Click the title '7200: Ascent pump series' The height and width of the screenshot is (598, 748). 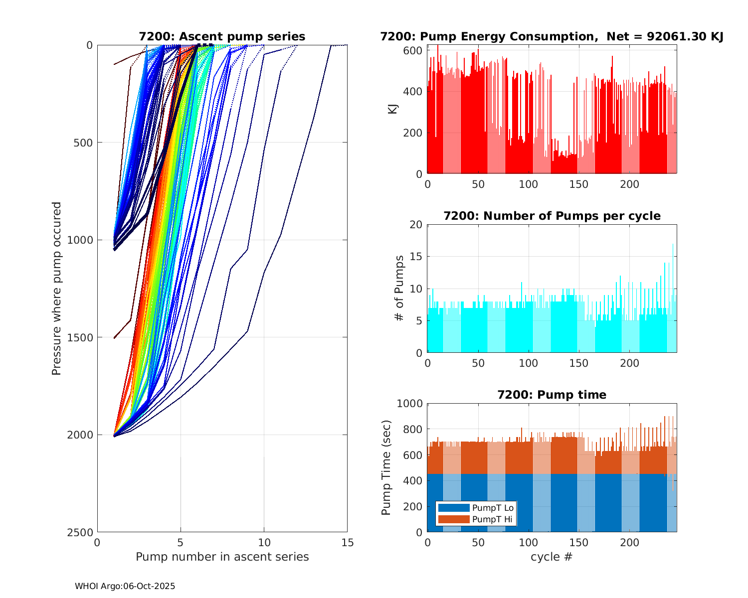click(222, 37)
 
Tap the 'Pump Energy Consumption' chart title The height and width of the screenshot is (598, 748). click(552, 37)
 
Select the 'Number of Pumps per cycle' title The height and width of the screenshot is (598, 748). click(552, 216)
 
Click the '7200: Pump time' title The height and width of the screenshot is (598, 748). click(552, 395)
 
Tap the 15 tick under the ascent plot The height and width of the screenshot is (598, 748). click(347, 543)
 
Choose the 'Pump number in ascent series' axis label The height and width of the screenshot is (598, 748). click(222, 557)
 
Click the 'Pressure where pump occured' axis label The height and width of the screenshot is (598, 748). click(57, 289)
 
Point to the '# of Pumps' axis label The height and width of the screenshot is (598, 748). click(398, 289)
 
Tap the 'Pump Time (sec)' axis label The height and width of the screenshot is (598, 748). click(386, 467)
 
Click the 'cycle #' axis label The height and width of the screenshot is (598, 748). click(552, 557)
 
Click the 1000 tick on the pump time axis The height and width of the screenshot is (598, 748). click(409, 404)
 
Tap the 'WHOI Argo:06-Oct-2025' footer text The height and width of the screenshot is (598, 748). click(125, 587)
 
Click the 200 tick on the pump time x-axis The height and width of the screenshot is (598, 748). click(629, 543)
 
